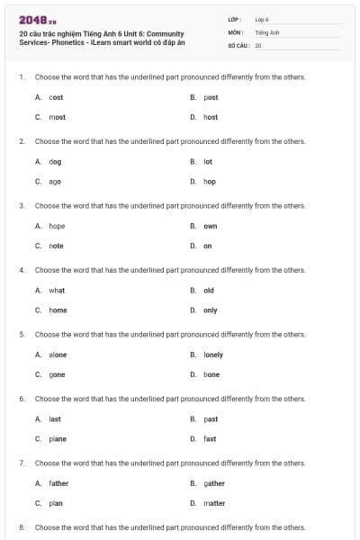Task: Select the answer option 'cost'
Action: click(56, 97)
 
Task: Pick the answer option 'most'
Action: click(57, 117)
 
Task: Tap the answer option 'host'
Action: click(211, 117)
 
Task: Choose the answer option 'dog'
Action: click(55, 162)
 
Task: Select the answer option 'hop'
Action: click(210, 181)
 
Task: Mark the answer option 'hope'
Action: click(57, 226)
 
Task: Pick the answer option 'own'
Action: click(211, 226)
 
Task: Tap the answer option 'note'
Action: click(56, 246)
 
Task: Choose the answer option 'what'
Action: click(57, 291)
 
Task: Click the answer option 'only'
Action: click(211, 310)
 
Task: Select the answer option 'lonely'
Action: click(213, 355)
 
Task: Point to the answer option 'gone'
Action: click(57, 374)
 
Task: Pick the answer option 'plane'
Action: click(58, 439)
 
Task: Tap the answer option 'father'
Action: click(58, 483)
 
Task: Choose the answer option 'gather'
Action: click(214, 483)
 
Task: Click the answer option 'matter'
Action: click(214, 503)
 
